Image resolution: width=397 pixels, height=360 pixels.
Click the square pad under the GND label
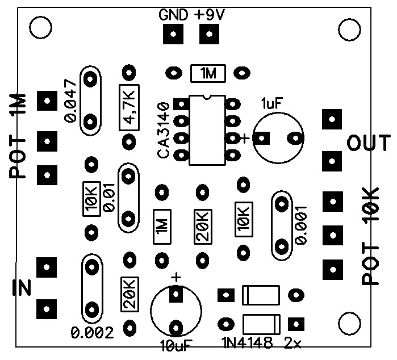(x=173, y=36)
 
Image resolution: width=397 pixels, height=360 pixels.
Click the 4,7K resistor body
(x=129, y=107)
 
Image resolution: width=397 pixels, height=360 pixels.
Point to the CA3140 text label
(x=164, y=130)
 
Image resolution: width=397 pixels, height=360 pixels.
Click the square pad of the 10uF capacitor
(x=176, y=294)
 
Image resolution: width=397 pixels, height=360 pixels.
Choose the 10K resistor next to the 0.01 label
(x=91, y=200)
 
